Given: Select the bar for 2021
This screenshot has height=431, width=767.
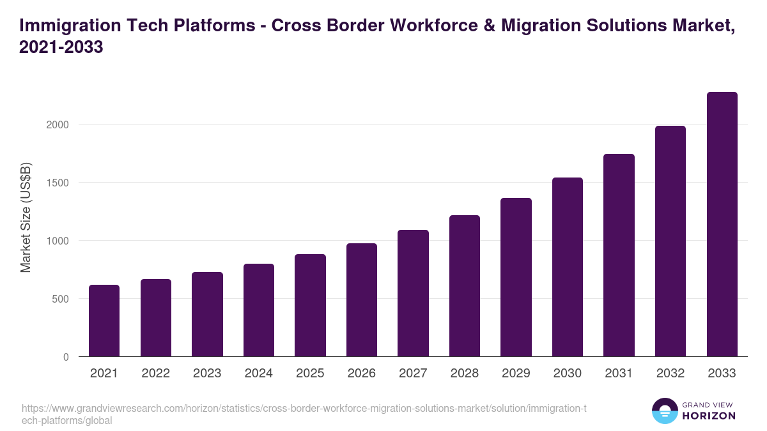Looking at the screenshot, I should [104, 321].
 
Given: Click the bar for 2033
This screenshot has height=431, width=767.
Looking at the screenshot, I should [722, 224].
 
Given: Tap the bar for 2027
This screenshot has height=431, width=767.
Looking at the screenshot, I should [413, 293].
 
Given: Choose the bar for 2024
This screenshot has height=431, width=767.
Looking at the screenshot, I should [259, 310].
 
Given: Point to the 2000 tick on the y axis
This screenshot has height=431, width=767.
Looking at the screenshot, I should [57, 125].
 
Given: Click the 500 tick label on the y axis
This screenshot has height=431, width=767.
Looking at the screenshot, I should [60, 299].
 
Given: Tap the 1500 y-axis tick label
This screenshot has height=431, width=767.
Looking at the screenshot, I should [57, 183].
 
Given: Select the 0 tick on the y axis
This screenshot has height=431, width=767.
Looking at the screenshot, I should [66, 357].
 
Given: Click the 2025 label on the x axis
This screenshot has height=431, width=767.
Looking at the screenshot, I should [310, 374].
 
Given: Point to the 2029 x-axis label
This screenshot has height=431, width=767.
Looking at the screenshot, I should [516, 374].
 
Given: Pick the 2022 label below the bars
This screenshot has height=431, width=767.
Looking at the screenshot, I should [155, 374].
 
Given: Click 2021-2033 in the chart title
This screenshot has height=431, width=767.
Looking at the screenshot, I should [61, 47].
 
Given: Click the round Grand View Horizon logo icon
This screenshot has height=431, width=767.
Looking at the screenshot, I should [664, 411].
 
